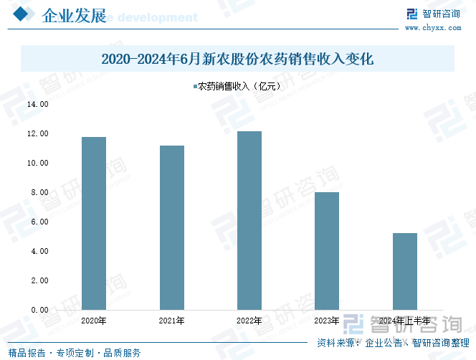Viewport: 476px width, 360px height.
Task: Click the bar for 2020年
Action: coord(94,223)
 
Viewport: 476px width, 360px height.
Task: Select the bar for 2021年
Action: coord(171,227)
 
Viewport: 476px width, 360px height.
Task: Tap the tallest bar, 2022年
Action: coord(249,220)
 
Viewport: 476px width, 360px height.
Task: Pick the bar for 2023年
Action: coord(327,250)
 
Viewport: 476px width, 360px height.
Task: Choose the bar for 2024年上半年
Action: coord(405,271)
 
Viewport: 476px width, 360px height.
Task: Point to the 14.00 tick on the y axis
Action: coord(38,104)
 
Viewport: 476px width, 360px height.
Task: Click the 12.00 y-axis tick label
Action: coord(38,133)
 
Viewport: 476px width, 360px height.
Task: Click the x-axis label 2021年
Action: coord(171,321)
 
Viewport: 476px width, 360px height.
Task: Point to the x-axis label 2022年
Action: coord(249,321)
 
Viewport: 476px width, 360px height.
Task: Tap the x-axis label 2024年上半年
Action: coord(405,321)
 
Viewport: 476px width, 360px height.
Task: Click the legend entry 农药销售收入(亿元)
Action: coord(237,86)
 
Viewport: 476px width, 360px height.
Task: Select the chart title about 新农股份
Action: coord(237,59)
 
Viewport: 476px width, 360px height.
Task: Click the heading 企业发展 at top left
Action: coord(75,16)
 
